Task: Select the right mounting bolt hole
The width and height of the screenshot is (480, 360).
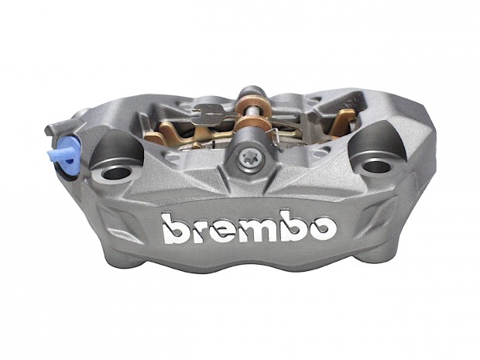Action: pos(376,166)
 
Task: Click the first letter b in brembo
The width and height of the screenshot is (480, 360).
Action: pos(174,229)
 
